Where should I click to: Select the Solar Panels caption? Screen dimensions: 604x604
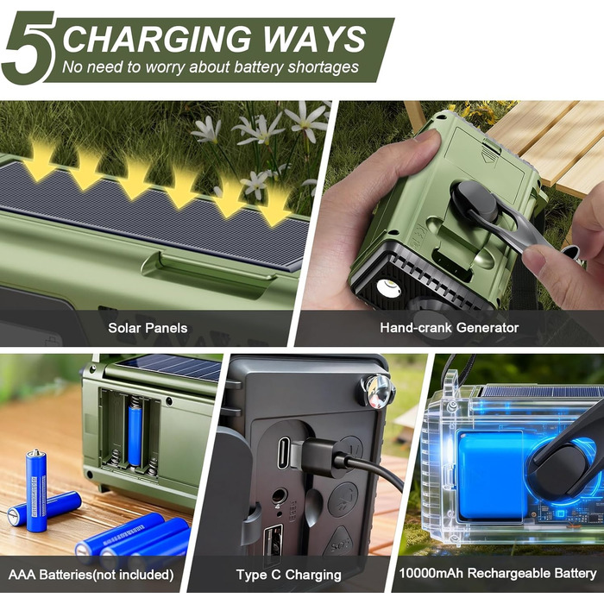[148, 328]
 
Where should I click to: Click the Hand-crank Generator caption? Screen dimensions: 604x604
[450, 327]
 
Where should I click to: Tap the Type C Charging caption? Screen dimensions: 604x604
[288, 575]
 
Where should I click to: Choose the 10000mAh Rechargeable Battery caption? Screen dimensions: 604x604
[497, 573]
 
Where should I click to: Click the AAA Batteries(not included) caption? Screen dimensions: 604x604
[91, 575]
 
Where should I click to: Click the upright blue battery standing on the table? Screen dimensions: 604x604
[36, 490]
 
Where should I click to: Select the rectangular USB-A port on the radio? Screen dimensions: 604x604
[273, 540]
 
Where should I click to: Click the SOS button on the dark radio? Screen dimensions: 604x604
[339, 543]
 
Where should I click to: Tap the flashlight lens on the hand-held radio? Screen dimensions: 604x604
[388, 287]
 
